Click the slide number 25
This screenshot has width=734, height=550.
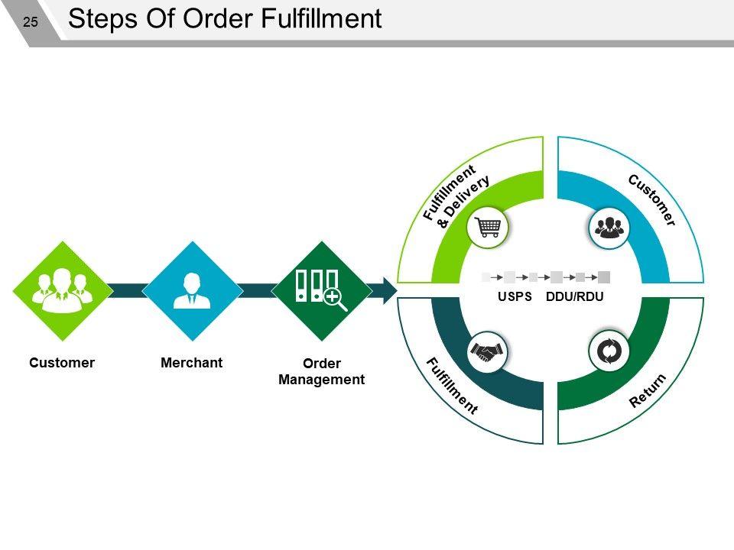31,22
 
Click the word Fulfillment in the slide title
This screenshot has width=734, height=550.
321,18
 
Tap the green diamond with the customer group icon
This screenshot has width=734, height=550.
62,291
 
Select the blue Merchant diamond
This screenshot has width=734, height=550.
192,291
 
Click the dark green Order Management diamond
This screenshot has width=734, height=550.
322,291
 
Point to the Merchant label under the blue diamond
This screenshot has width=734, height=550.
191,362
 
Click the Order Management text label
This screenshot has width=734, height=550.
322,371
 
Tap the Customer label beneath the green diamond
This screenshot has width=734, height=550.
62,362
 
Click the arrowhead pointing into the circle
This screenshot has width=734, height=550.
389,290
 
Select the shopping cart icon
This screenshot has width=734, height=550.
488,228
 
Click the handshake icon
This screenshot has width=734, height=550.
487,351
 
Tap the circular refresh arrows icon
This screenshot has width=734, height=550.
609,351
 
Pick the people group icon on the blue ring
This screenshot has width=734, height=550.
609,228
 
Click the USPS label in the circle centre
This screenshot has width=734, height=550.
515,296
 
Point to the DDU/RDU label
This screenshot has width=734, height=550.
575,296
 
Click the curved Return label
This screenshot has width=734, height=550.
648,390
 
